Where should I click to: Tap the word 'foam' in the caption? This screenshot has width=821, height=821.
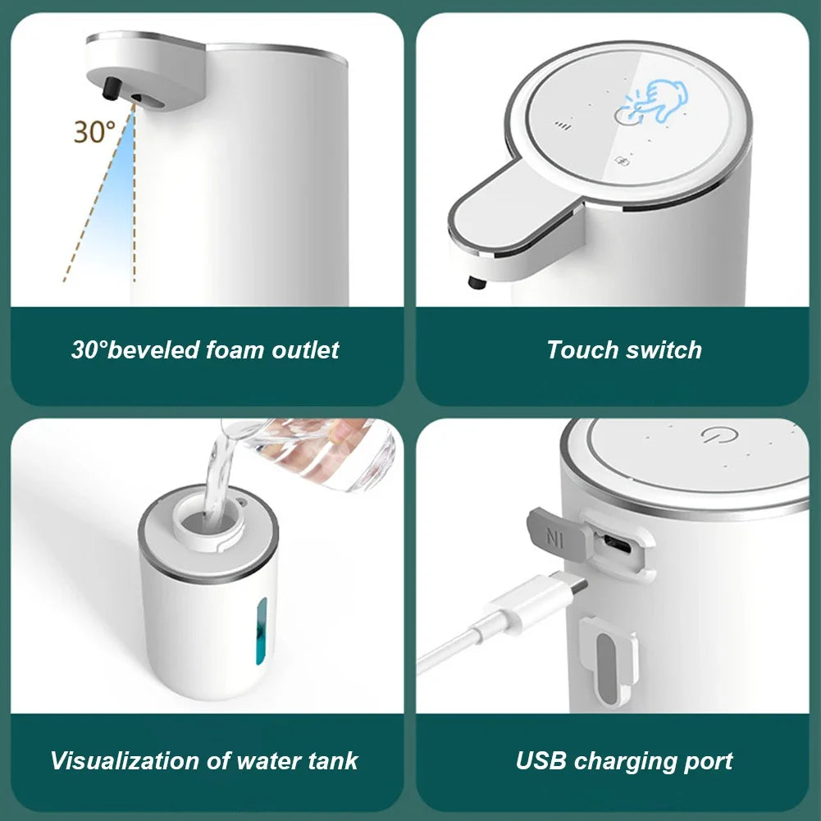click(x=239, y=350)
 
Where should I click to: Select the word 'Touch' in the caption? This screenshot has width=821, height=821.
click(x=582, y=350)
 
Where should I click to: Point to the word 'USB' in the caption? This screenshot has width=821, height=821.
click(x=542, y=760)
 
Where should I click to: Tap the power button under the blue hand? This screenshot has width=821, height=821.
click(x=623, y=116)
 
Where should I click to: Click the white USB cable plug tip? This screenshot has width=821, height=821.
click(x=573, y=589)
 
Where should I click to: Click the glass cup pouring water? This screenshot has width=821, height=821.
click(x=328, y=451)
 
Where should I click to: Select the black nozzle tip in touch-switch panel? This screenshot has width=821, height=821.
click(x=474, y=284)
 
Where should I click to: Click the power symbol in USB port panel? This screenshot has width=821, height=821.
click(x=712, y=436)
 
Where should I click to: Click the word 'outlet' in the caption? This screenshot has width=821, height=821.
click(x=307, y=350)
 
